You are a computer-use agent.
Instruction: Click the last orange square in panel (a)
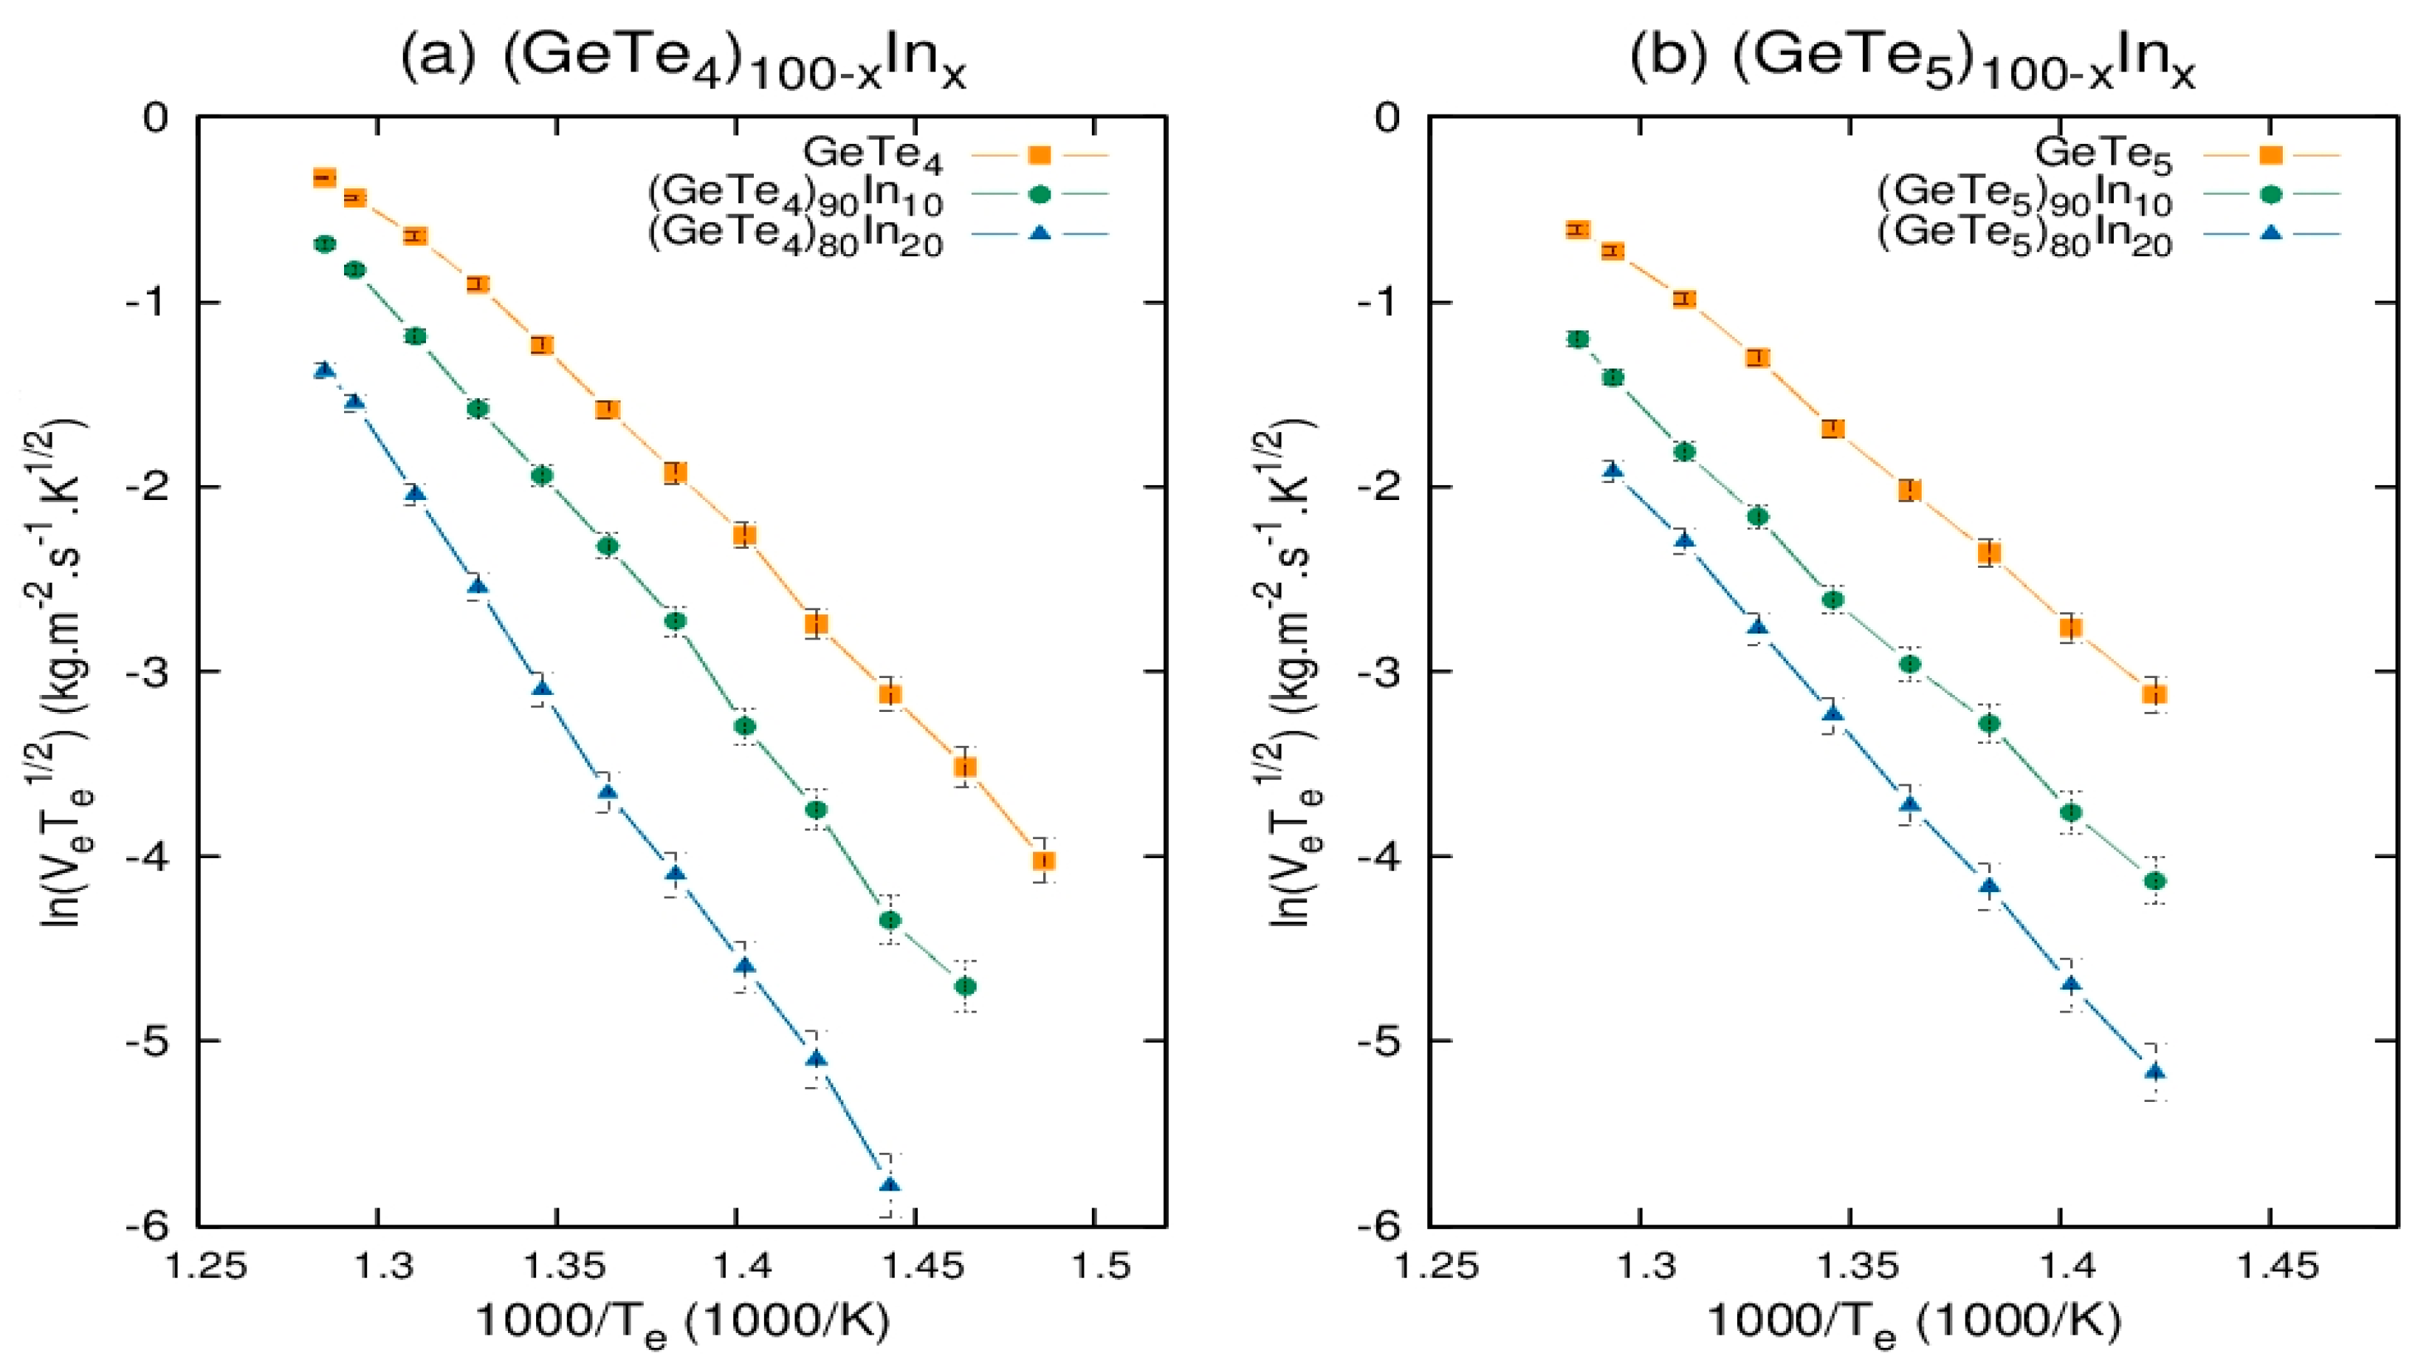tap(1043, 860)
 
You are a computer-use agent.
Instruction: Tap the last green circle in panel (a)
tap(965, 987)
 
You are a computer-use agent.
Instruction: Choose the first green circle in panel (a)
tap(325, 244)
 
